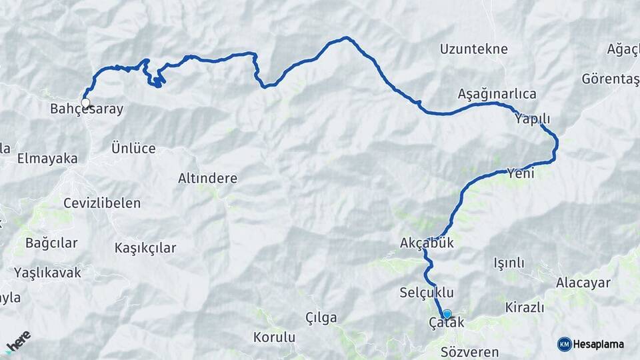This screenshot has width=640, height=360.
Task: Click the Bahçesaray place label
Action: point(87,109)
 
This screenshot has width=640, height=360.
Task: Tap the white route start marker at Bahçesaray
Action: point(85,103)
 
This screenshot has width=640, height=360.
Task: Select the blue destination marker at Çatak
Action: point(447,314)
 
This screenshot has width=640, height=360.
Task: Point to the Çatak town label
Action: point(447,324)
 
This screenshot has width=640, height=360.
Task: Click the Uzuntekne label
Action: point(474,49)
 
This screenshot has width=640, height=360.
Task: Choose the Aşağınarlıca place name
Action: point(497,94)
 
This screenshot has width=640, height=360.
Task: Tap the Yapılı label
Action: point(532,119)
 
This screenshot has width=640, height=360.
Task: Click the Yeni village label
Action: point(521,173)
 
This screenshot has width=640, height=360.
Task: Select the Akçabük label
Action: point(427,243)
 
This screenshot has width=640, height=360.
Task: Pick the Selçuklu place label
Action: point(427,293)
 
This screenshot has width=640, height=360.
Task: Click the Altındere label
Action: point(207,179)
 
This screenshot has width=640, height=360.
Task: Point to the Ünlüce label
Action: point(133,149)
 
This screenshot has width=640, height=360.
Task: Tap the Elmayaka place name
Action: point(47,159)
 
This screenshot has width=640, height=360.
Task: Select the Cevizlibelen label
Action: point(101,203)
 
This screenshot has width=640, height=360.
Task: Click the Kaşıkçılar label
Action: point(145,248)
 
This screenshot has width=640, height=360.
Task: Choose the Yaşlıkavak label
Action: point(47,273)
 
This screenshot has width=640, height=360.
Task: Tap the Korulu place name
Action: point(274,337)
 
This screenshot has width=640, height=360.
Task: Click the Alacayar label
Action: point(583,283)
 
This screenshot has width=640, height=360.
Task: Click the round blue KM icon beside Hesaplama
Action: point(565,344)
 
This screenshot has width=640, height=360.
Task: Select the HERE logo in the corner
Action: point(18,341)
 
